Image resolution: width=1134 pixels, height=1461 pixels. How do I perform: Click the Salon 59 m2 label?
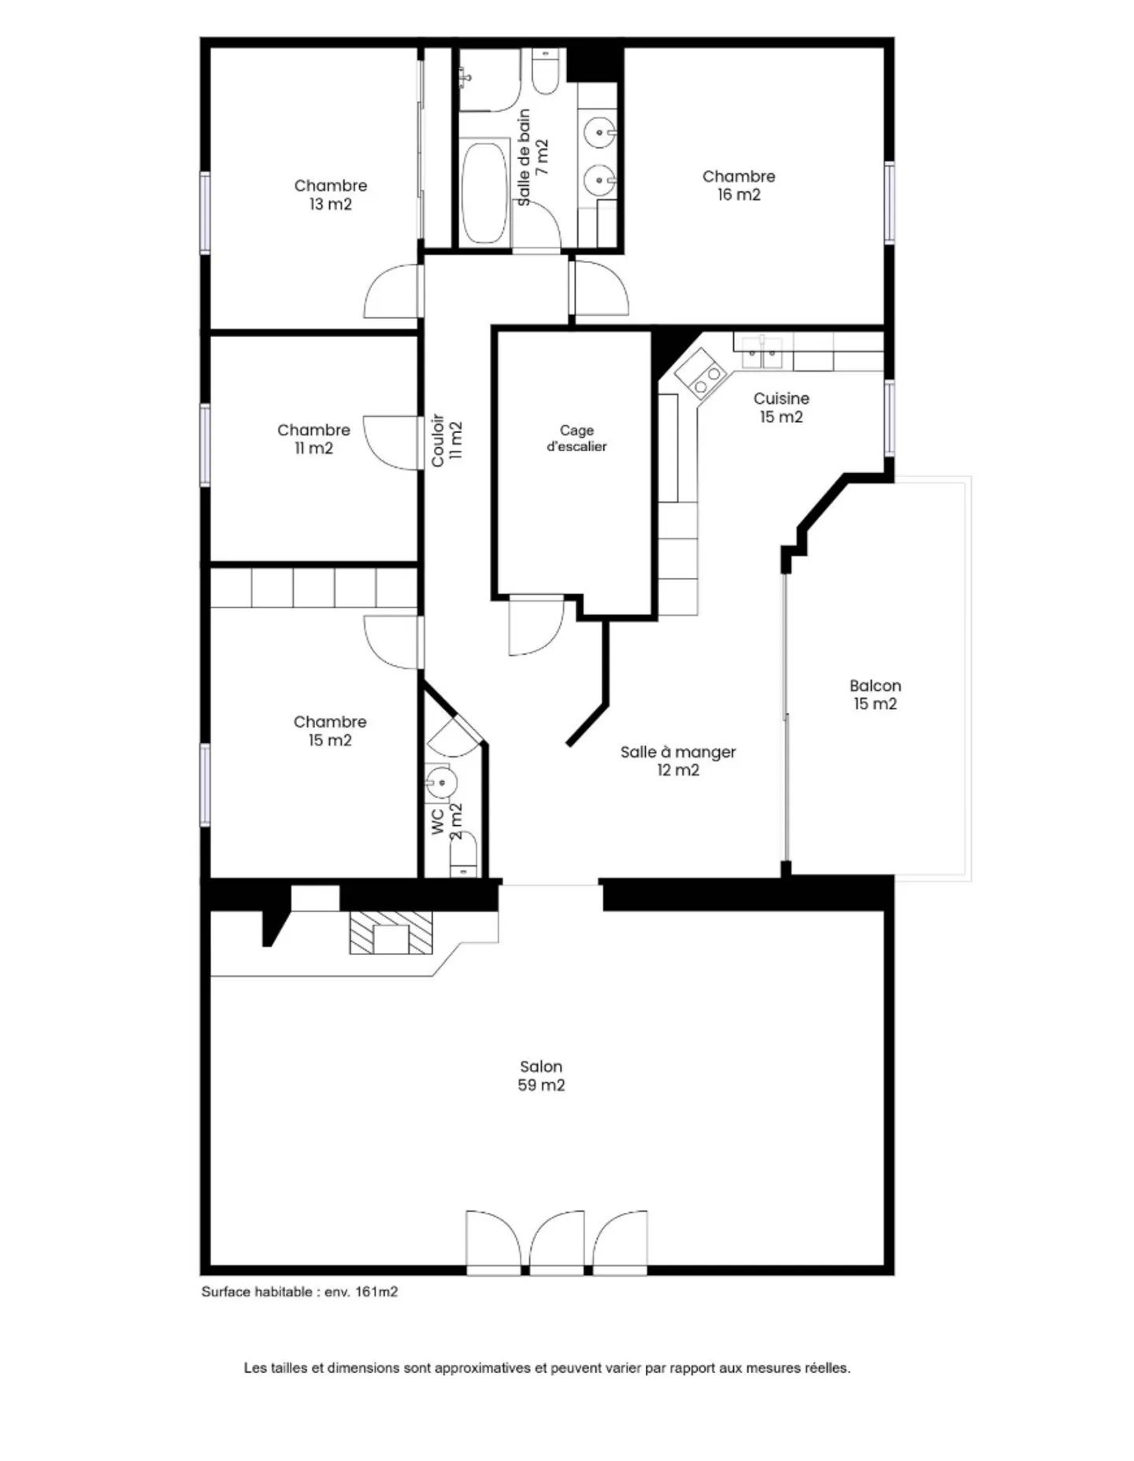(x=541, y=1075)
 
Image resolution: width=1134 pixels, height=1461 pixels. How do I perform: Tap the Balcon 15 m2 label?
(x=875, y=694)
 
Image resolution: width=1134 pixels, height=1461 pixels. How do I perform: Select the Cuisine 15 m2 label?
(x=780, y=407)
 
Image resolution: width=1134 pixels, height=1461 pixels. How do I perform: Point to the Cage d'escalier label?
(x=576, y=438)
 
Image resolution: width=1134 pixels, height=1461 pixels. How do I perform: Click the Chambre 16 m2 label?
(x=739, y=185)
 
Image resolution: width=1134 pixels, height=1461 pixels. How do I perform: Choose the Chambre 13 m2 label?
(x=330, y=194)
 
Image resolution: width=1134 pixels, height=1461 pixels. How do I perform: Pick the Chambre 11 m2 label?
(x=313, y=438)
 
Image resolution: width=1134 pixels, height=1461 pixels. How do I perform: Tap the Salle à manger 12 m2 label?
(x=678, y=760)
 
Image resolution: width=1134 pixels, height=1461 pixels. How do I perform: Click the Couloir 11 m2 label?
(x=447, y=441)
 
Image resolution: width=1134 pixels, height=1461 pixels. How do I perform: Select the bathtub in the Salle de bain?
(x=484, y=193)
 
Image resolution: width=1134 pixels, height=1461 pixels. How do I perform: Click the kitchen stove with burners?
(x=699, y=372)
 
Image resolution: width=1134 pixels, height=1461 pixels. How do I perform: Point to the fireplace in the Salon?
(x=391, y=933)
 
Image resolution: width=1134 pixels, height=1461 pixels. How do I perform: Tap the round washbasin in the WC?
(x=441, y=782)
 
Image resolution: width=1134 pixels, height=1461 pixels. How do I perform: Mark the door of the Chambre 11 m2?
(x=391, y=442)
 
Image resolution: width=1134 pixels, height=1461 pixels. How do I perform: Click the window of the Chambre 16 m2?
(x=889, y=202)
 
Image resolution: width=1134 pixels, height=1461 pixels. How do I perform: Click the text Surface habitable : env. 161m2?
(x=299, y=1292)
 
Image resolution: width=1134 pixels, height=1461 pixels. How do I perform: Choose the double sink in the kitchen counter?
(x=762, y=352)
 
